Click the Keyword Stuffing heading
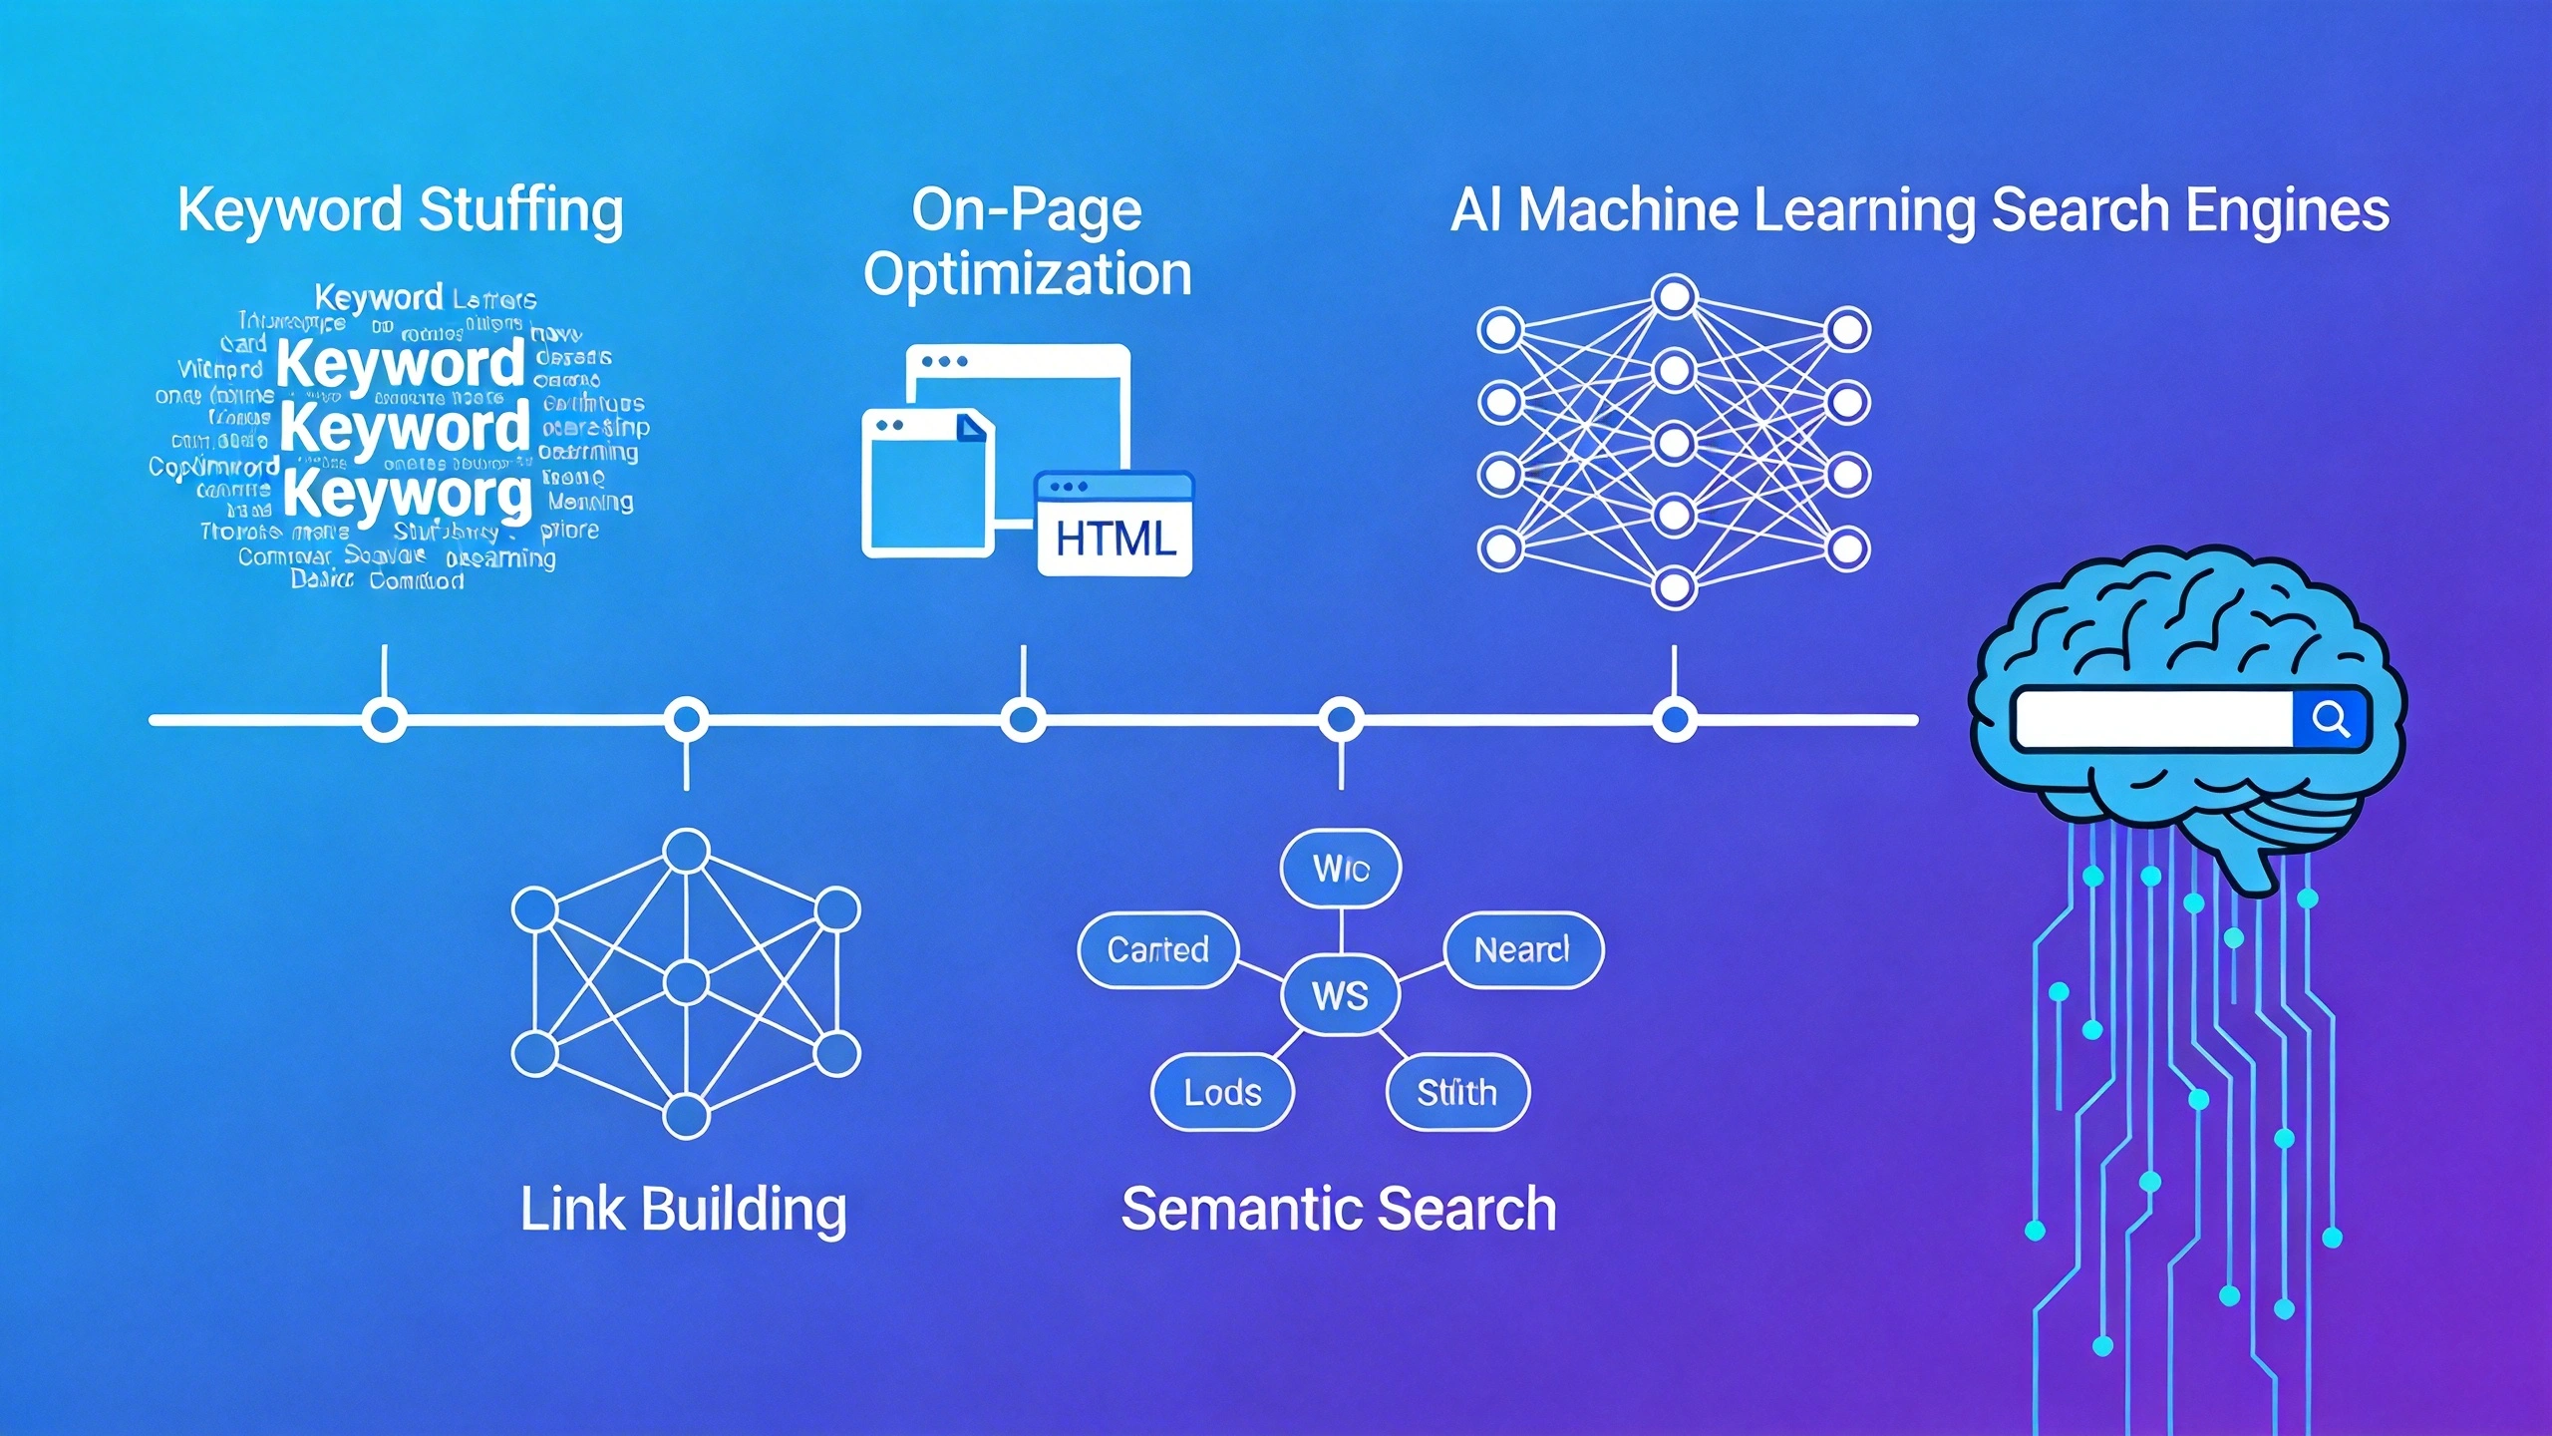(400, 211)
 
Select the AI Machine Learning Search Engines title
(1920, 210)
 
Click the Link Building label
(684, 1209)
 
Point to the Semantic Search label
(1339, 1209)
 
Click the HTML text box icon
(1115, 526)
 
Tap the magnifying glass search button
(2330, 718)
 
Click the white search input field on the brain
(2153, 718)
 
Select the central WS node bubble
(1340, 995)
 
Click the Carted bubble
(1157, 949)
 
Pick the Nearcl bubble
(1522, 949)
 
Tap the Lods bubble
(1222, 1092)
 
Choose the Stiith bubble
(1456, 1092)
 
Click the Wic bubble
(1340, 868)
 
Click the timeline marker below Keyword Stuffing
(384, 719)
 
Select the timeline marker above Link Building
(686, 719)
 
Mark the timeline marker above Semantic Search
(1341, 719)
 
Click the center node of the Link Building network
(686, 982)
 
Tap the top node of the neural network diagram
(1674, 296)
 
